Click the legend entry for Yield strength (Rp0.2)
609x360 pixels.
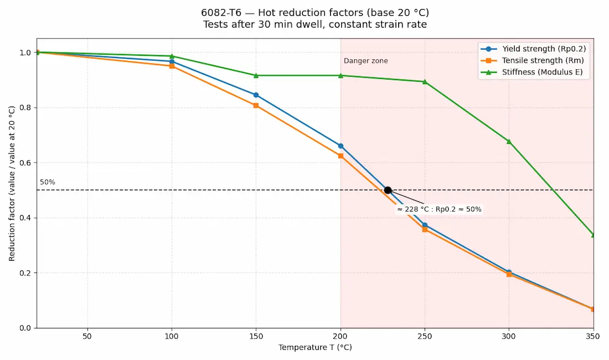tap(533, 49)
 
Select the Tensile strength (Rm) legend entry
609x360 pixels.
tap(533, 60)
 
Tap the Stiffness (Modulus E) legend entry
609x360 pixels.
tap(533, 72)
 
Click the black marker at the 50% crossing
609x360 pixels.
tap(388, 190)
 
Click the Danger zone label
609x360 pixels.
tap(365, 61)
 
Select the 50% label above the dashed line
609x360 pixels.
tap(47, 182)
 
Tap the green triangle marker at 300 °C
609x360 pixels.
tap(509, 141)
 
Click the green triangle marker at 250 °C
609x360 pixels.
tap(425, 81)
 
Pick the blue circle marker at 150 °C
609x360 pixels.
tap(256, 95)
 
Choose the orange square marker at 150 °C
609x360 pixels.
tap(256, 106)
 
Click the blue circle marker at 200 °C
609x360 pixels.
tap(341, 146)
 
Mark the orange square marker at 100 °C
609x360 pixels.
tap(171, 66)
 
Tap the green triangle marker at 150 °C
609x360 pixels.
tap(256, 75)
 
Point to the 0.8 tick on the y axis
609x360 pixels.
tap(25, 108)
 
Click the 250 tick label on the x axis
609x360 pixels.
tap(425, 336)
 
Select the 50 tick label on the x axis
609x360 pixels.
tap(87, 336)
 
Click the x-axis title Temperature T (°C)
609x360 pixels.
tap(315, 348)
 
